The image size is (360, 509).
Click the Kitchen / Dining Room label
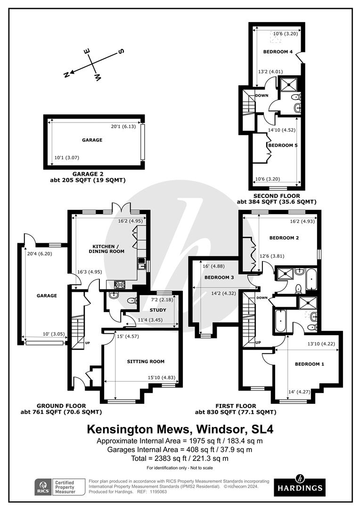(x=106, y=249)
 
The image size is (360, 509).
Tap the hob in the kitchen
(x=120, y=285)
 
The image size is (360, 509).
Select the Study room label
(x=158, y=310)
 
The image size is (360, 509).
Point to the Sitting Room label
(x=146, y=361)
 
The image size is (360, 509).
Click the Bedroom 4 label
(x=278, y=52)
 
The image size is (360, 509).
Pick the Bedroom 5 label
(x=283, y=145)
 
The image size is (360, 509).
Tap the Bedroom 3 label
(x=219, y=277)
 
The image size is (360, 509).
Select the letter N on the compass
(x=66, y=74)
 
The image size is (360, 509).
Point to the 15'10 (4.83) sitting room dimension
(x=161, y=378)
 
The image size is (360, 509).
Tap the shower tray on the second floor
(x=288, y=84)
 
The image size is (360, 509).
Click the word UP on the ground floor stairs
(x=87, y=343)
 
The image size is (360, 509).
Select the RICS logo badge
(x=43, y=487)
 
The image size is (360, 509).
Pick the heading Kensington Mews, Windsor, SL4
(x=180, y=429)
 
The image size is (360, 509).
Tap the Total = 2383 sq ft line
(x=180, y=459)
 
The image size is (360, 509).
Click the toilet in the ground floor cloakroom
(x=131, y=301)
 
